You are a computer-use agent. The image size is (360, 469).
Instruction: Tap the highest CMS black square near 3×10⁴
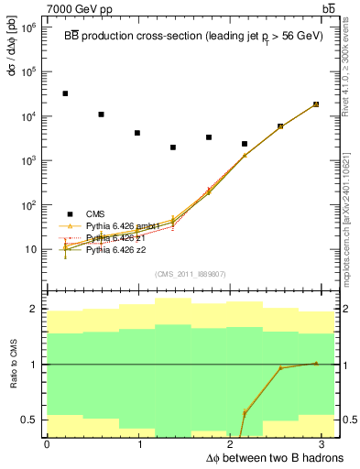pyautogui.click(x=65, y=93)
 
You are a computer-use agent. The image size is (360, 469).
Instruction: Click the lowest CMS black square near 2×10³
pyautogui.click(x=173, y=147)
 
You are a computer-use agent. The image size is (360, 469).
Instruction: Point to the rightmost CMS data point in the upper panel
pyautogui.click(x=316, y=104)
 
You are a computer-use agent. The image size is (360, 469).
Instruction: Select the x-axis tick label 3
pyautogui.click(x=327, y=444)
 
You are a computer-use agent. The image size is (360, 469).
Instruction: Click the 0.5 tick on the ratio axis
pyautogui.click(x=29, y=420)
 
